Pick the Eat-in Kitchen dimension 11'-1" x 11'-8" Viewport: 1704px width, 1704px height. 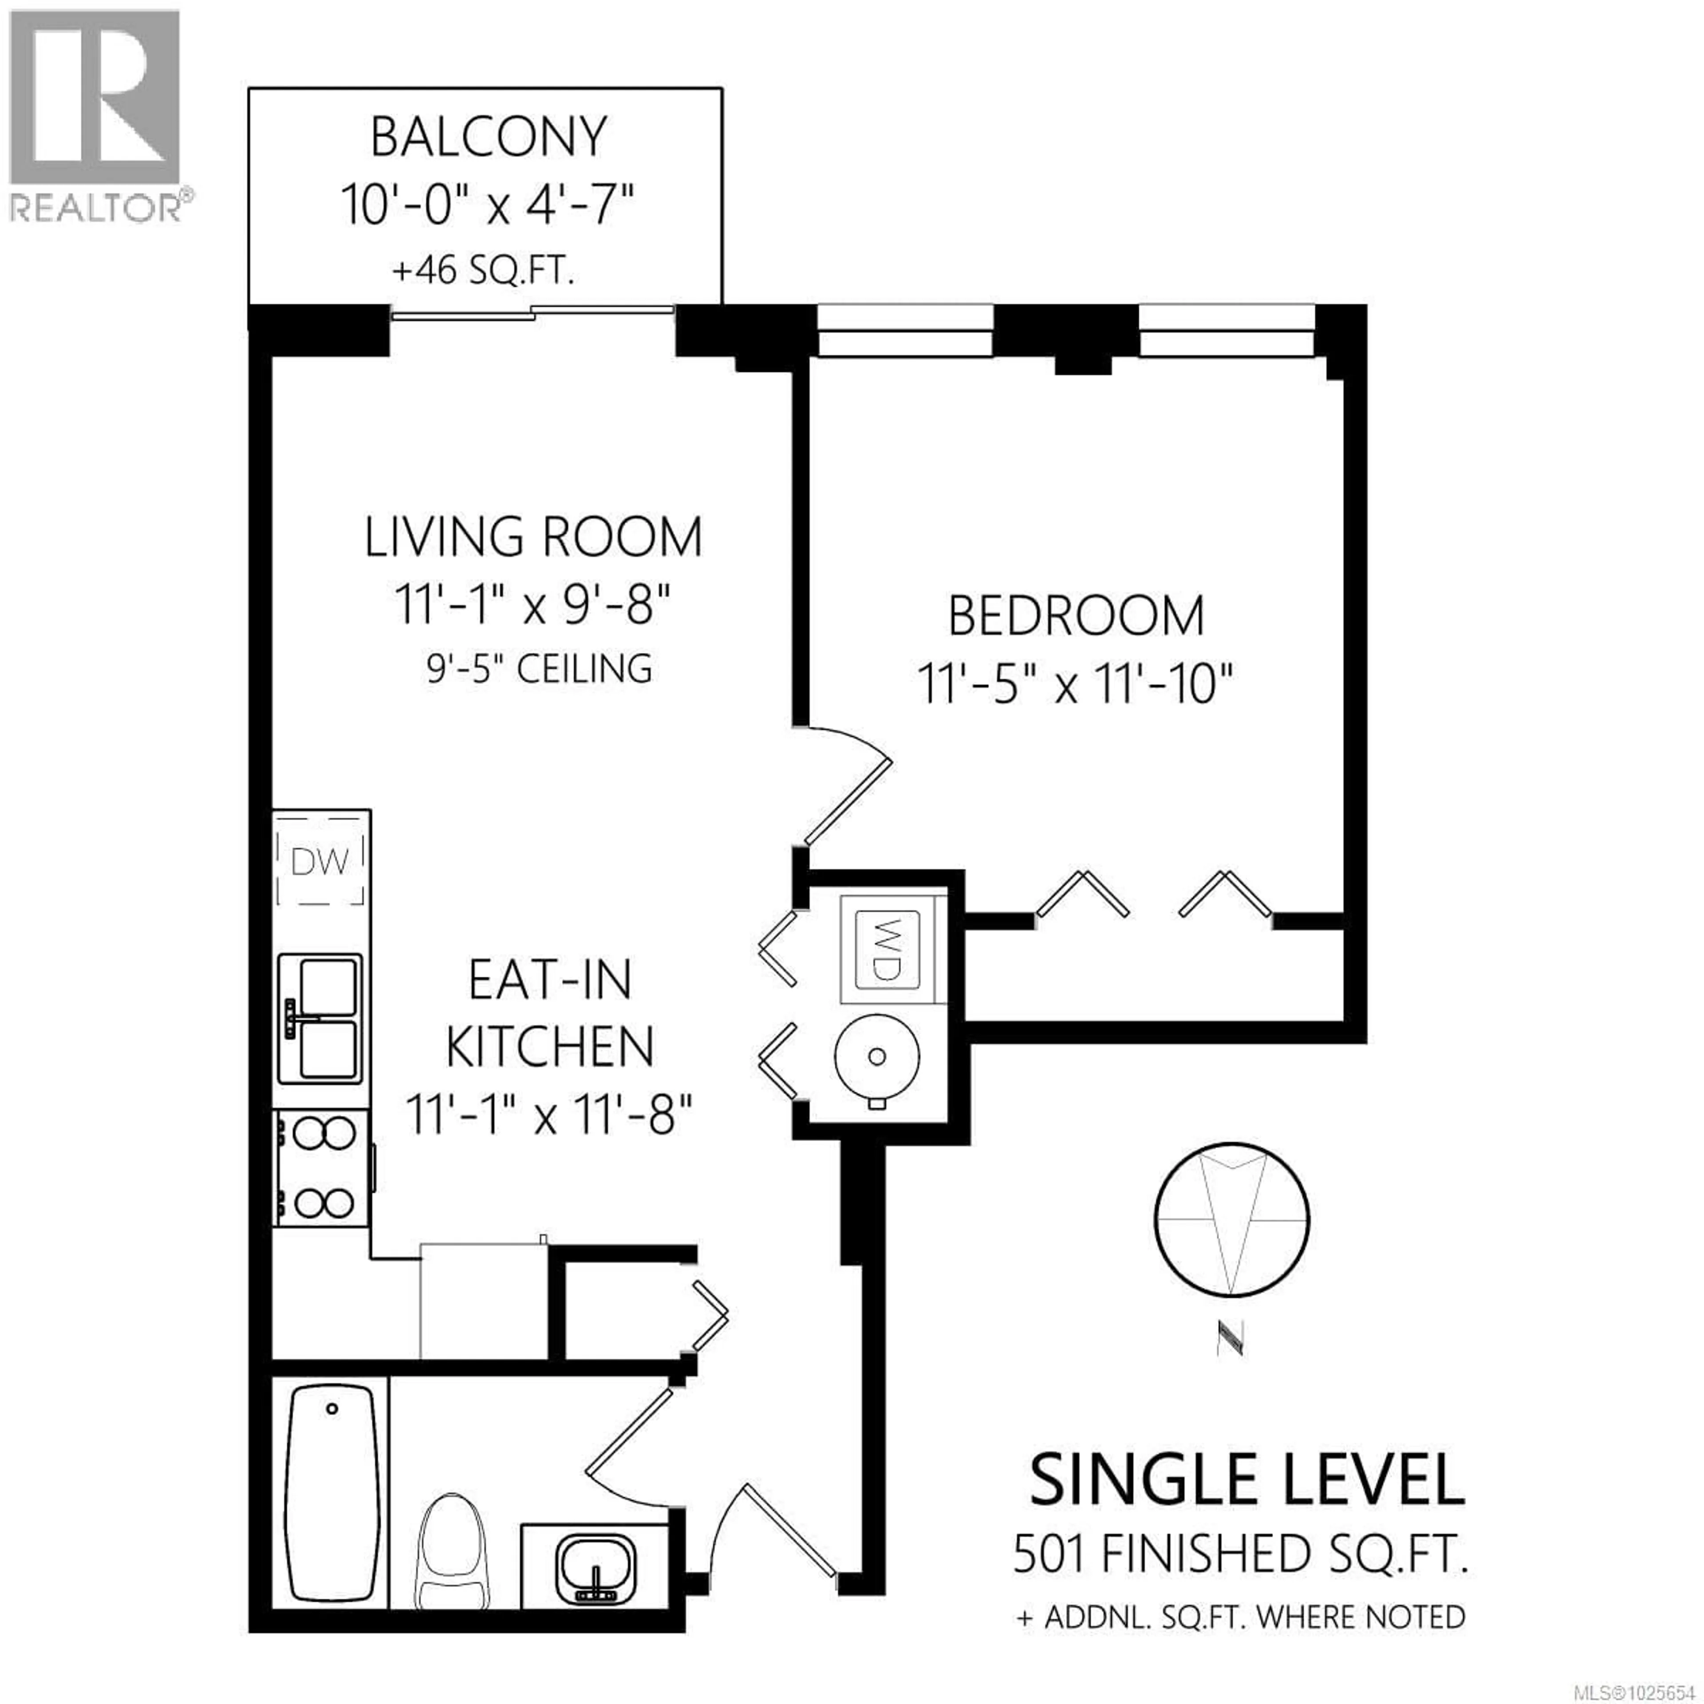point(548,1115)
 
